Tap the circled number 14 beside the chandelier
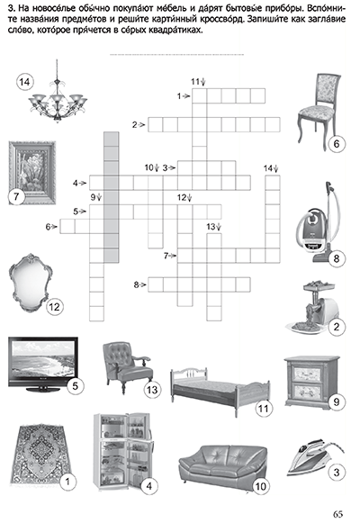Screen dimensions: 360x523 pos(24,82)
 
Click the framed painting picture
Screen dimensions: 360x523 pos(32,172)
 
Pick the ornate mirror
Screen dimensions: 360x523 pos(29,283)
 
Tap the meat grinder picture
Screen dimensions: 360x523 pos(313,307)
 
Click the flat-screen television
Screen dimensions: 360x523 pos(42,365)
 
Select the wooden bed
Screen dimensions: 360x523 pos(220,392)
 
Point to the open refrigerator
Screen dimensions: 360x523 pos(123,452)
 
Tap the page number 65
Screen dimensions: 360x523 pos(337,514)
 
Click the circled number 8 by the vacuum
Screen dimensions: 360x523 pos(336,258)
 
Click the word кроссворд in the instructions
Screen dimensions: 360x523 pos(222,19)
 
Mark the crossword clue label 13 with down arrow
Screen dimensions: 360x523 pos(213,227)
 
